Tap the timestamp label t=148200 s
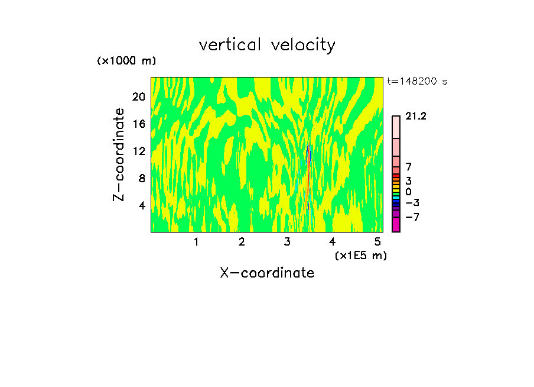click(x=417, y=81)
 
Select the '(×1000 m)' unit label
click(x=126, y=61)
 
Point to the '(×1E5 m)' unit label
click(x=360, y=255)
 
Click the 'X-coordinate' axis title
click(x=267, y=273)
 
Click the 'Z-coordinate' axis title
click(x=120, y=154)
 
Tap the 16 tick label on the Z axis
click(x=138, y=124)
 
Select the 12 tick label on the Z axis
click(x=138, y=151)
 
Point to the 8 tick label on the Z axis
click(x=141, y=178)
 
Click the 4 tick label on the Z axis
click(x=141, y=205)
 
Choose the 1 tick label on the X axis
click(x=196, y=242)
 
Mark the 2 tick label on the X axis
click(x=242, y=242)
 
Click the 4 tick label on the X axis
click(x=332, y=242)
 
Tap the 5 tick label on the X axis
click(x=377, y=242)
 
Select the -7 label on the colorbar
click(x=412, y=217)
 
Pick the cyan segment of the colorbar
click(x=396, y=197)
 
